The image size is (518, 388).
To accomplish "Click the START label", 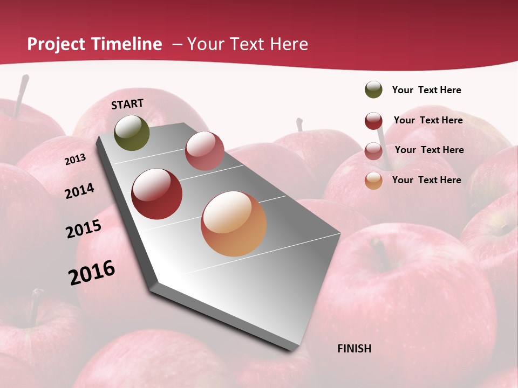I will tap(127, 104).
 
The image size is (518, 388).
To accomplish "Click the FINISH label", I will tap(354, 349).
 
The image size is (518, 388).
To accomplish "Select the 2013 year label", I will tap(75, 160).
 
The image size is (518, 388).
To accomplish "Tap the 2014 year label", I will tap(79, 191).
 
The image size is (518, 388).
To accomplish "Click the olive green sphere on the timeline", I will tap(132, 133).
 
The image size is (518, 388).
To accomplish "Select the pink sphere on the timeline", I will tap(205, 150).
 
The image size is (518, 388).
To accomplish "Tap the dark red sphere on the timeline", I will tap(157, 194).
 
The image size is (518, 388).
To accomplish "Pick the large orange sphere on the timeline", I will tap(234, 224).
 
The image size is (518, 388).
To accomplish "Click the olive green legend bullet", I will tap(373, 90).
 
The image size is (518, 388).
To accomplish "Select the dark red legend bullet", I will tap(373, 121).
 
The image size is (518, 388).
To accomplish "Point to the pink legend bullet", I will tap(373, 151).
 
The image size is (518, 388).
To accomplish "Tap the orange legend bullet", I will tap(373, 181).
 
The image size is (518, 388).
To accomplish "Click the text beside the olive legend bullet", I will tap(426, 90).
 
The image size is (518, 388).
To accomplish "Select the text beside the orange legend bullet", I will tap(426, 180).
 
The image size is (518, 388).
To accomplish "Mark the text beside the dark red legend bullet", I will tap(428, 120).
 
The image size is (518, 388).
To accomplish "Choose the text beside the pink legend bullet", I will tap(429, 150).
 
